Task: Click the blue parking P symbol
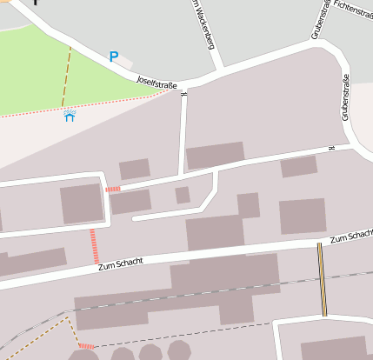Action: point(113,57)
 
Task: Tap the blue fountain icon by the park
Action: point(70,116)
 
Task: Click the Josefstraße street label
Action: point(157,83)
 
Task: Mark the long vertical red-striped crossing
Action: point(94,246)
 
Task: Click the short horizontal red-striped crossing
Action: point(112,189)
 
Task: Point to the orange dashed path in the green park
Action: point(66,77)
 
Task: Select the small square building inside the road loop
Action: point(183,195)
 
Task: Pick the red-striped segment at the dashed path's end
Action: point(85,346)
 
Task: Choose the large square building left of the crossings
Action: point(82,203)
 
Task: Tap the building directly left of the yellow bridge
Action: point(302,216)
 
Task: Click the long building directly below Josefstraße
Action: point(215,156)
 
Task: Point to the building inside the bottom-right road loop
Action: point(334,347)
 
